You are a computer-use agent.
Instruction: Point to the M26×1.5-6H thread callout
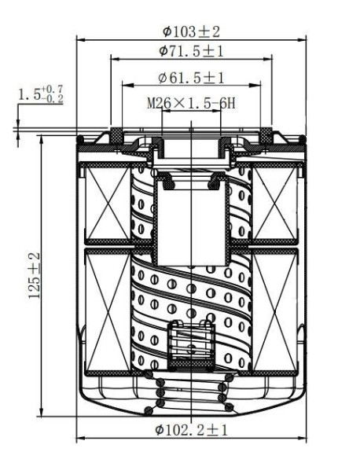point(192,103)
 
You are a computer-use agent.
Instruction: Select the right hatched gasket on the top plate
point(265,139)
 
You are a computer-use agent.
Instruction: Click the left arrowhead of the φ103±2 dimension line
point(79,40)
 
